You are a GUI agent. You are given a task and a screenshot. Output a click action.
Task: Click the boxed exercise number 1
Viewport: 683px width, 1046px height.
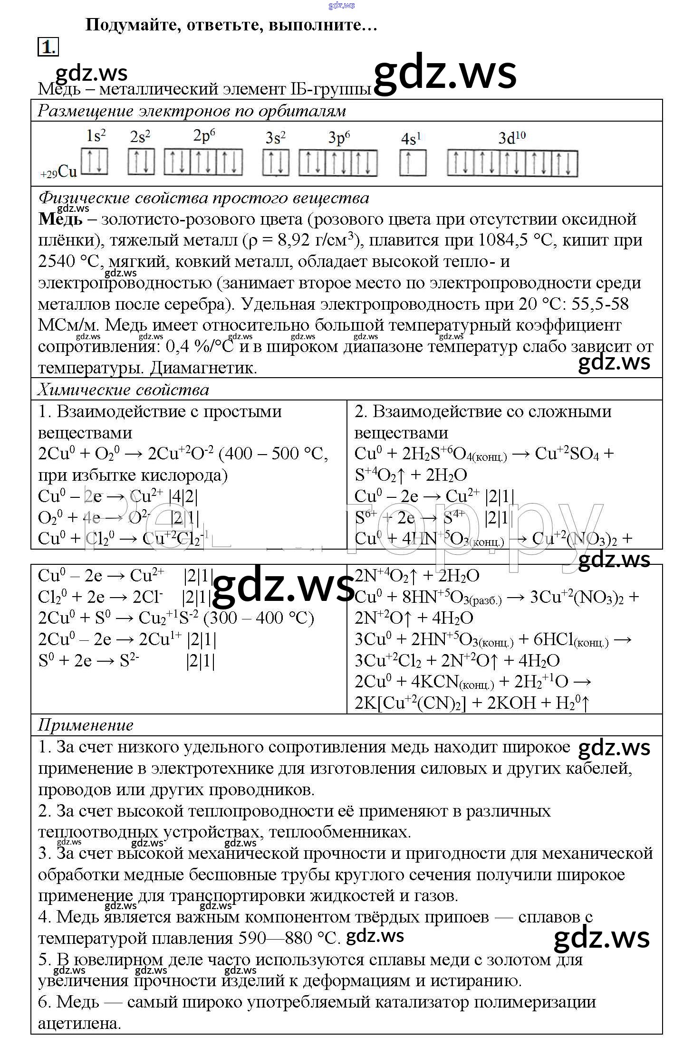[x=48, y=47]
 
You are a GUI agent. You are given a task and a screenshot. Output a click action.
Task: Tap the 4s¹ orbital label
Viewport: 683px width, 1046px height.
[x=411, y=139]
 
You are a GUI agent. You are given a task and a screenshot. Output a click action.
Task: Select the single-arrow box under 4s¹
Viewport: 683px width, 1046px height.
[x=412, y=163]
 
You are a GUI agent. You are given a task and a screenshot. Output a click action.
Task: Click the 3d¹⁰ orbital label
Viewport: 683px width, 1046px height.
[x=511, y=138]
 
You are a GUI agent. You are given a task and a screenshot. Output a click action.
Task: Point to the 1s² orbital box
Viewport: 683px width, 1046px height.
[x=95, y=162]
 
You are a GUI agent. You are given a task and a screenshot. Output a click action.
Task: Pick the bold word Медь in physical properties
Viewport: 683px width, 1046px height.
[x=60, y=219]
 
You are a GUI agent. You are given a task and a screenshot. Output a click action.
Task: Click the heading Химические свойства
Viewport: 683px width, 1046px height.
[x=123, y=390]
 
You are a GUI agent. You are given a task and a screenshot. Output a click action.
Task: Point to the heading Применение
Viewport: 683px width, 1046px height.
[x=86, y=725]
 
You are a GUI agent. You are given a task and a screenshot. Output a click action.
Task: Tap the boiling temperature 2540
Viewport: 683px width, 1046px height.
[x=57, y=262]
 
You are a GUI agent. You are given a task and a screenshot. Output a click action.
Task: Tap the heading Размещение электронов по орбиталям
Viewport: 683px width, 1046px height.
[x=192, y=111]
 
